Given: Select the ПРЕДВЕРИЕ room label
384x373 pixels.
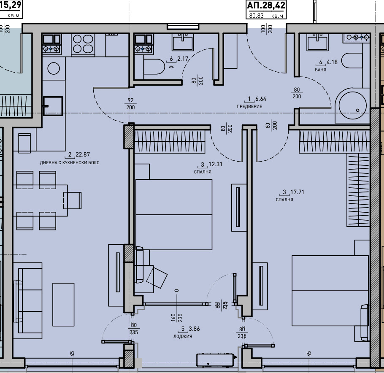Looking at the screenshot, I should click(x=249, y=106).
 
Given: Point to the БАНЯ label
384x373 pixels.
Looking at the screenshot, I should click(x=320, y=70).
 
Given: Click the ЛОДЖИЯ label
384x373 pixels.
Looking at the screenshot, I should click(x=182, y=336).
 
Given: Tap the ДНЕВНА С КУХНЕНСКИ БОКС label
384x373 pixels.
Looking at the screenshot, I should click(x=70, y=162).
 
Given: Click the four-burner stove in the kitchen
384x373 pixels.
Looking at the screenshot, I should click(x=83, y=43).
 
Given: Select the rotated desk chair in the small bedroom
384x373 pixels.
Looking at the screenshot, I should click(x=156, y=276).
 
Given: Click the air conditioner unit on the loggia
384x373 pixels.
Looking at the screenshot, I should click(x=216, y=360).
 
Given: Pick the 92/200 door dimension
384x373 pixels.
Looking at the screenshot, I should click(x=130, y=104).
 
